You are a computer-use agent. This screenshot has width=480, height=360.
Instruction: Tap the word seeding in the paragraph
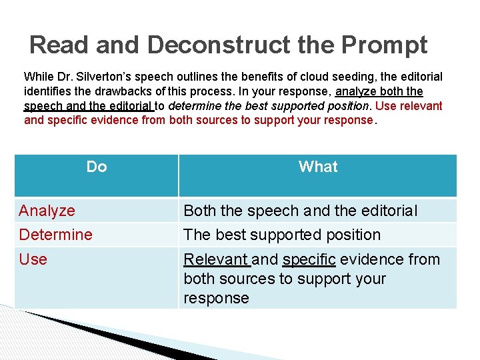click(344, 77)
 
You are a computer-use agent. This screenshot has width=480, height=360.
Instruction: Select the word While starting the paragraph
click(37, 77)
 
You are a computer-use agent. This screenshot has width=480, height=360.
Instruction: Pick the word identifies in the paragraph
click(45, 91)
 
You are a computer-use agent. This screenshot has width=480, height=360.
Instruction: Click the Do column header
click(97, 167)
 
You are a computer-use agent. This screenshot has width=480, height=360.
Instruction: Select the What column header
click(318, 167)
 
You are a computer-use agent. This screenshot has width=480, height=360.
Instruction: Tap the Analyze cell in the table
click(47, 211)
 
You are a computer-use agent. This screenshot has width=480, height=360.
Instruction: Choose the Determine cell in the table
click(55, 235)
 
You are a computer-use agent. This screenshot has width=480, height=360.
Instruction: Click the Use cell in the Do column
click(33, 259)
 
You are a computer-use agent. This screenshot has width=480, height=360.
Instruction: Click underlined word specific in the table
click(309, 259)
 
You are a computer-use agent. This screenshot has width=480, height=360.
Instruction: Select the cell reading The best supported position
click(282, 235)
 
